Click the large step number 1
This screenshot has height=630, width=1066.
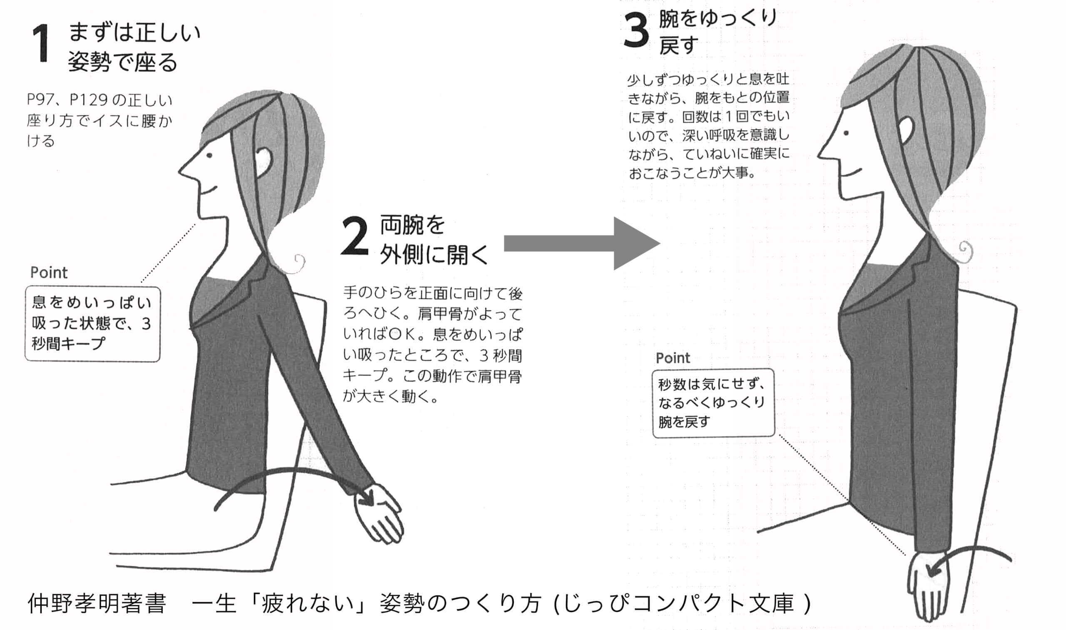[x=42, y=43]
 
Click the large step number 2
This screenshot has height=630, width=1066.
[x=354, y=236]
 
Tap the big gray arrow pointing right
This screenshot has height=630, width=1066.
[x=582, y=243]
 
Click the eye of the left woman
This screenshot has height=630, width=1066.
[x=209, y=155]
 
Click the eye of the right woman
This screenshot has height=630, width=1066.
[x=846, y=133]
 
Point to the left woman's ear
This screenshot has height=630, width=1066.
[x=265, y=161]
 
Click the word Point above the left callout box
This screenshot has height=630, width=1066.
[x=49, y=273]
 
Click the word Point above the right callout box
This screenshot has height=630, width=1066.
[x=673, y=358]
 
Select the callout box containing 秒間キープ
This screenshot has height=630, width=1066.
[x=92, y=324]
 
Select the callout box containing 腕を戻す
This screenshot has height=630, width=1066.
[x=713, y=402]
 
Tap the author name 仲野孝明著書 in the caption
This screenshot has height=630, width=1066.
[x=97, y=603]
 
